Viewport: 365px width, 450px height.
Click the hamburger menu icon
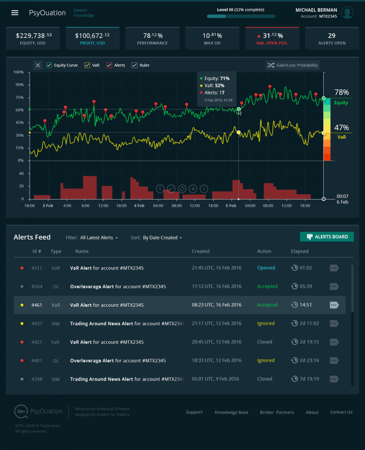[x=15, y=13]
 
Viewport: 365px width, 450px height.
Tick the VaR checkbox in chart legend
[x=88, y=65]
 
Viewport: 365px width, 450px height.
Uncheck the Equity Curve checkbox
[x=49, y=65]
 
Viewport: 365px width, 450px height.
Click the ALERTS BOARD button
[x=327, y=237]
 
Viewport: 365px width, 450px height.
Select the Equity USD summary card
[x=34, y=38]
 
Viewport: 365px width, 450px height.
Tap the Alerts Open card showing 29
[x=332, y=38]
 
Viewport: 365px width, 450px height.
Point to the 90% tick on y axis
[x=18, y=85]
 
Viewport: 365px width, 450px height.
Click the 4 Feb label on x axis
[x=139, y=206]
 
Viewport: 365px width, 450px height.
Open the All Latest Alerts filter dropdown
[x=99, y=238]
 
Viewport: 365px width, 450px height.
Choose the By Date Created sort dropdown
[x=162, y=238]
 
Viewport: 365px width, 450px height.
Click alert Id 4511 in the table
[x=37, y=268]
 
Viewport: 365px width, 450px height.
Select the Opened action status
[x=266, y=268]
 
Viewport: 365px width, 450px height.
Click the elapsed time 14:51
[x=306, y=305]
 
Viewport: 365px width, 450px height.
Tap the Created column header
[x=201, y=251]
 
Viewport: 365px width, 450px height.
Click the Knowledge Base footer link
[x=231, y=412]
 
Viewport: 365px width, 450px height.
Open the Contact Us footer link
[x=341, y=412]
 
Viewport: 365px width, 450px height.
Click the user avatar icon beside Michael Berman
[x=347, y=13]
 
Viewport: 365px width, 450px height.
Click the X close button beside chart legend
[x=38, y=65]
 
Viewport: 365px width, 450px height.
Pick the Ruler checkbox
[x=135, y=65]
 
